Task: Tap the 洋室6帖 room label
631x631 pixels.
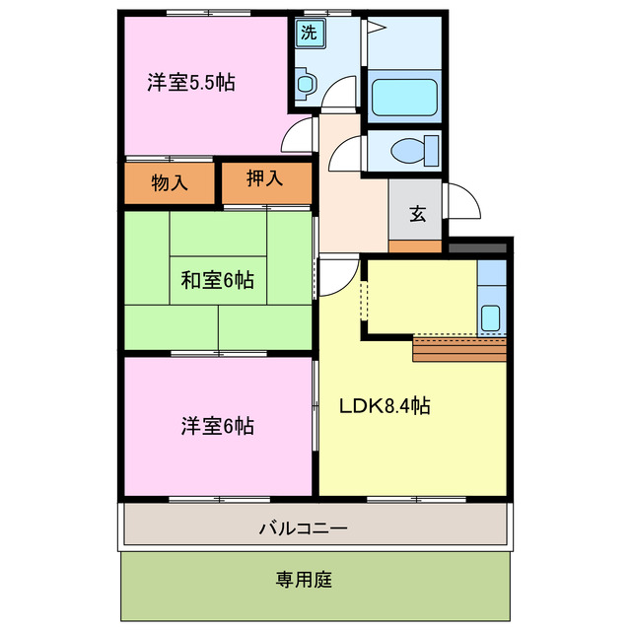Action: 217,426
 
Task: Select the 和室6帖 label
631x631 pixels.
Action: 217,281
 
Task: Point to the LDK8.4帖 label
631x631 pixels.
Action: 385,405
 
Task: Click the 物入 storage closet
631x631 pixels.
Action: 170,181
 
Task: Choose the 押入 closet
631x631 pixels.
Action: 264,179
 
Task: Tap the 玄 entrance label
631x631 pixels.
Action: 417,215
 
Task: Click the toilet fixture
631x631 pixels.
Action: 408,151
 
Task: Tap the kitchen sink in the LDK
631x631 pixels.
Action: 490,317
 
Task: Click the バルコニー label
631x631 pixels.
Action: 303,528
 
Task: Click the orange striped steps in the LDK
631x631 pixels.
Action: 458,349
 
